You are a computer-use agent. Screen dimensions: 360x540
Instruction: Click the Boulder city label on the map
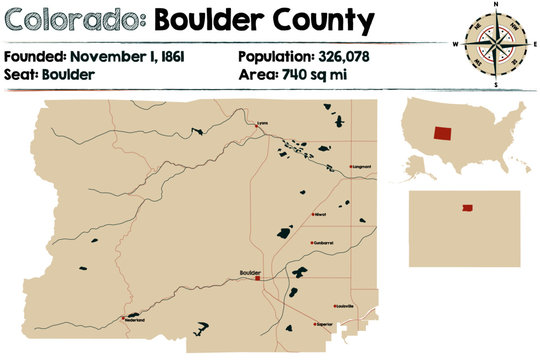point(251,272)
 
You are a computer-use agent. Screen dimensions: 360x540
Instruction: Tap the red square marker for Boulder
point(259,279)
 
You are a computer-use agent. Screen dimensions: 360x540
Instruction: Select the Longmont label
point(362,167)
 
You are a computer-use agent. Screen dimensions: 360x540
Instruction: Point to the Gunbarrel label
point(322,242)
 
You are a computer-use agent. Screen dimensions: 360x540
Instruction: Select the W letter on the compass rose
point(456,44)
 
